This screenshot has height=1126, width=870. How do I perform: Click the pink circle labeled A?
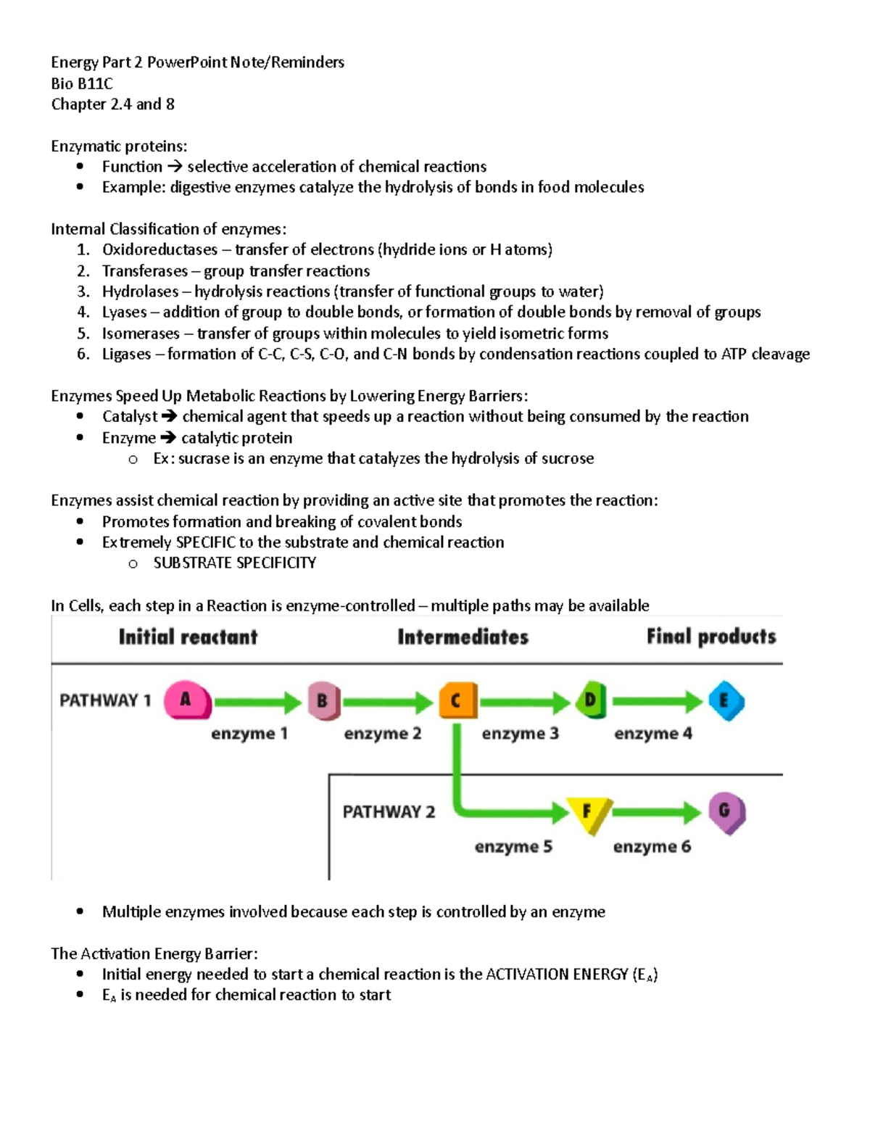pos(186,700)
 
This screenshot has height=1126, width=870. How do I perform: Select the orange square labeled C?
pos(457,701)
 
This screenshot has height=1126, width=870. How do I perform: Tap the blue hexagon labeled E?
pos(725,701)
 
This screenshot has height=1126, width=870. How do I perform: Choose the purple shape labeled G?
pos(726,812)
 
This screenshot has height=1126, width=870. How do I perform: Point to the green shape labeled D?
pos(591,700)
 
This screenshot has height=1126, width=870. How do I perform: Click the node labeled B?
pos(323,701)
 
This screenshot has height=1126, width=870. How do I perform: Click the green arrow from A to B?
pos(257,702)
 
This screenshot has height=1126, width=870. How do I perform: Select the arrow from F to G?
pos(656,813)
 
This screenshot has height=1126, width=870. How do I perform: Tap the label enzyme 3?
pos(520,734)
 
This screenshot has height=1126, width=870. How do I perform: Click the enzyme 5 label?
pos(513,847)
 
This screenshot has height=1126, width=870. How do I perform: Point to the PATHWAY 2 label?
pos(389,812)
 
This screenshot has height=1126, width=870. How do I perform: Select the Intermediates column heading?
pos(463,637)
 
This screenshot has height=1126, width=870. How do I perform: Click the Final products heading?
pos(710,637)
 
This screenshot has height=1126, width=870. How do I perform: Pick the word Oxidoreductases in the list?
pos(159,250)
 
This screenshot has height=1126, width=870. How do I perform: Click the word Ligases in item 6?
pos(127,355)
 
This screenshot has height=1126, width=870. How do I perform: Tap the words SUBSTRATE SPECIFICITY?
pos(234,563)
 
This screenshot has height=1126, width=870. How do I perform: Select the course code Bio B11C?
pos(82,83)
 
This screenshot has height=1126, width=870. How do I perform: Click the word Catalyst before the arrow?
pos(129,417)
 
